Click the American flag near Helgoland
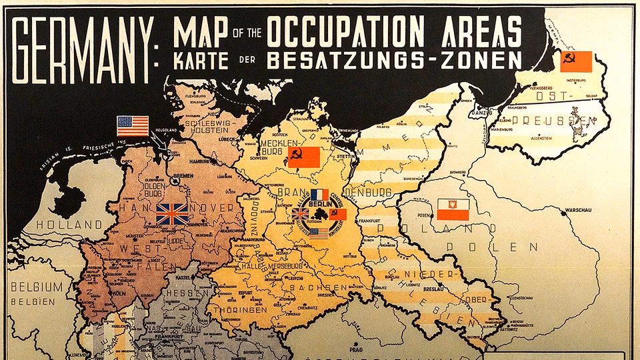pyautogui.click(x=133, y=125)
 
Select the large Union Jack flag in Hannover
pyautogui.click(x=172, y=213)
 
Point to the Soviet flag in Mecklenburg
pyautogui.click(x=303, y=157)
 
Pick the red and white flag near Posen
pyautogui.click(x=453, y=209)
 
